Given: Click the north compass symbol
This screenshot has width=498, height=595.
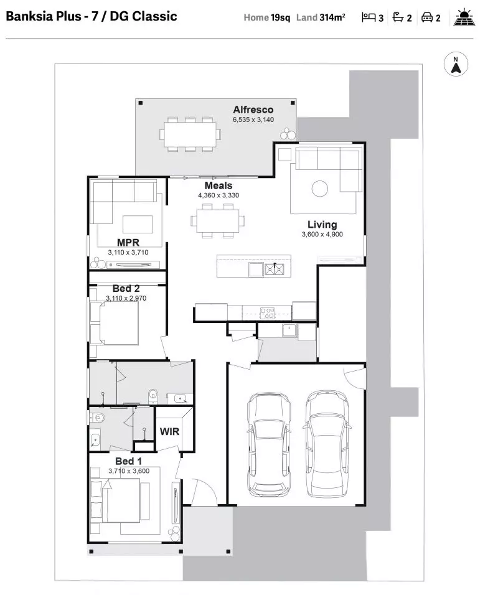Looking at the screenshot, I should (x=456, y=65).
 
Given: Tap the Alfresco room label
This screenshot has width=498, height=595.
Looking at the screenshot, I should (x=253, y=110).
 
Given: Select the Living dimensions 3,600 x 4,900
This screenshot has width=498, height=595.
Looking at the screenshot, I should (x=322, y=235).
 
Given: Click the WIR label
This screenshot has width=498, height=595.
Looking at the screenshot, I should (x=170, y=431).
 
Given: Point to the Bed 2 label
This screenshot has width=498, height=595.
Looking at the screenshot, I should (x=126, y=289).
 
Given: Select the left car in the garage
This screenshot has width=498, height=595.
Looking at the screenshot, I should (x=268, y=444).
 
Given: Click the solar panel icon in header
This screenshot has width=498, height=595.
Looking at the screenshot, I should (x=464, y=17).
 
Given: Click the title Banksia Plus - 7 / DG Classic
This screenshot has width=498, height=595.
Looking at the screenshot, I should (x=92, y=16).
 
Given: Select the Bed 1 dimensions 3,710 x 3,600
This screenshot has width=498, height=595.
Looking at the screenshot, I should (x=128, y=471).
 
